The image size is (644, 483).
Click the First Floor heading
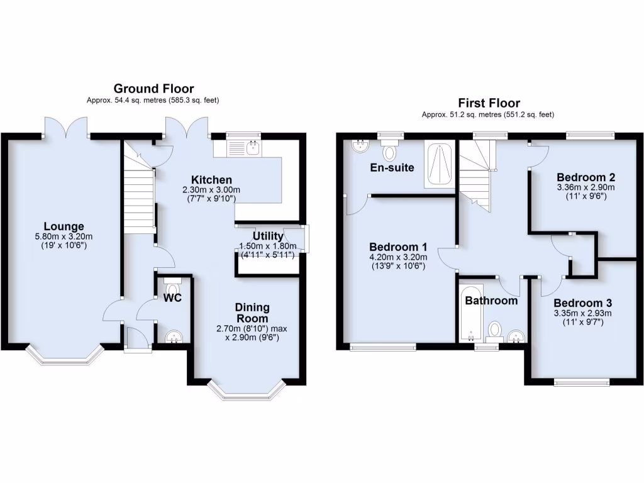489,103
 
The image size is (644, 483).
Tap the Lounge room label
64,226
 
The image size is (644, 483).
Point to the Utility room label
269,235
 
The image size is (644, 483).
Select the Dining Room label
252,313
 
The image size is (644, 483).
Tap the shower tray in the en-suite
440,165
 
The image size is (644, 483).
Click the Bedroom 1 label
398,246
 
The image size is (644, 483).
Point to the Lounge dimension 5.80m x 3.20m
64,236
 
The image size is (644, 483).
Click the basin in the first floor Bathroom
517,336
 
